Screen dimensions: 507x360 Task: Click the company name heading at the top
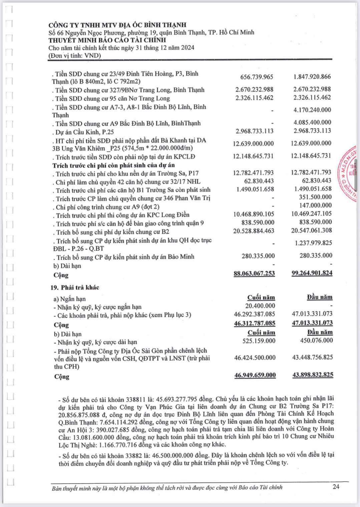point(117,25)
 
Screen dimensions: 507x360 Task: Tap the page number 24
point(336,486)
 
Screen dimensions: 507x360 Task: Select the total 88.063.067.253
point(254,273)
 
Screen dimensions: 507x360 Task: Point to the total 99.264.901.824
point(312,273)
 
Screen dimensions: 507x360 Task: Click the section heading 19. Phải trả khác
point(75,287)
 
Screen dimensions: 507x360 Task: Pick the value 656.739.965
point(257,77)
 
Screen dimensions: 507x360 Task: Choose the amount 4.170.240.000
point(312,110)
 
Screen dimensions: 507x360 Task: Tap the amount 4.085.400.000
point(312,122)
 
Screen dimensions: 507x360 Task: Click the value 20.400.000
point(260,306)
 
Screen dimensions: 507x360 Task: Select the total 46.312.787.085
point(255,323)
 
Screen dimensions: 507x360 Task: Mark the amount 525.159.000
point(259,341)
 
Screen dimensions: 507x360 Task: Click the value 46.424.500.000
point(255,358)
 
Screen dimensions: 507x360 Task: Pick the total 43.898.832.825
point(313,375)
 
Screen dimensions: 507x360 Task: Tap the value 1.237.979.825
point(313,243)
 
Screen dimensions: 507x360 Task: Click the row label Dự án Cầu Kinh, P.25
point(85,132)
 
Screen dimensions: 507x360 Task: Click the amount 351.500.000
point(315,197)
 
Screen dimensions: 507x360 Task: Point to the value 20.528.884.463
point(254,231)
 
